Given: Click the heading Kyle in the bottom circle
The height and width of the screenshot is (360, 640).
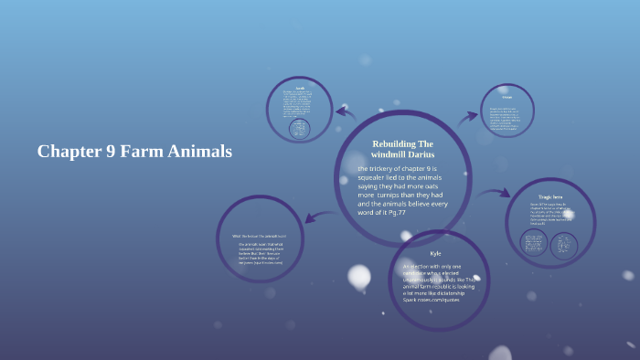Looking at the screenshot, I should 435,252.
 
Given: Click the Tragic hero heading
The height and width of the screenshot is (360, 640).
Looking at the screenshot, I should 551,197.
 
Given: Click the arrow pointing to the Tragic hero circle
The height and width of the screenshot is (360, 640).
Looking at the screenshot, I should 494,193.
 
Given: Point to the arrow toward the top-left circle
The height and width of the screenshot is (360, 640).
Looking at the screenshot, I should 346,112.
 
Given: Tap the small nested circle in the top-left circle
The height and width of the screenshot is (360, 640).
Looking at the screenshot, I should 299,129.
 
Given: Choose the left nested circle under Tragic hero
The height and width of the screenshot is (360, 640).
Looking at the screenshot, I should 534,243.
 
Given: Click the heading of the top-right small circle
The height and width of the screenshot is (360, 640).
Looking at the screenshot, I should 506,96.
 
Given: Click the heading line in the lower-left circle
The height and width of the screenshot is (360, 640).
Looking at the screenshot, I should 260,237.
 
